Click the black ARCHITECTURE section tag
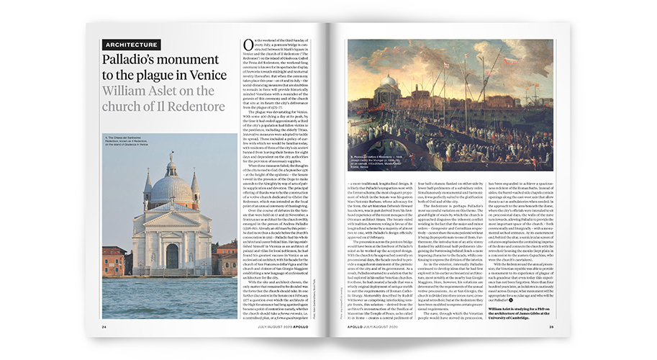(131, 44)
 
